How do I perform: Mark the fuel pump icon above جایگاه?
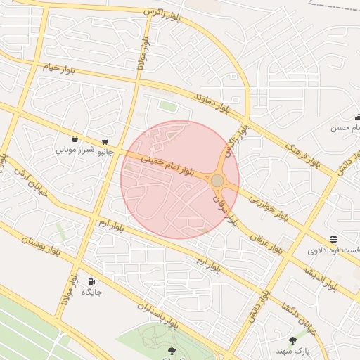tap(91, 281)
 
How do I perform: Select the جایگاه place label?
tap(92, 291)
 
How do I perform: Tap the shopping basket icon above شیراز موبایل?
tap(75, 139)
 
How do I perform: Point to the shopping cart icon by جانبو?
tap(105, 141)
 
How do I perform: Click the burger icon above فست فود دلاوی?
tap(333, 240)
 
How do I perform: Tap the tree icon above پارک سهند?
tap(292, 340)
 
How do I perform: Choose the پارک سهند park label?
tap(292, 350)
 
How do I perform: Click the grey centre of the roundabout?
tap(217, 181)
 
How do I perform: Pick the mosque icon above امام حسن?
tap(357, 117)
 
